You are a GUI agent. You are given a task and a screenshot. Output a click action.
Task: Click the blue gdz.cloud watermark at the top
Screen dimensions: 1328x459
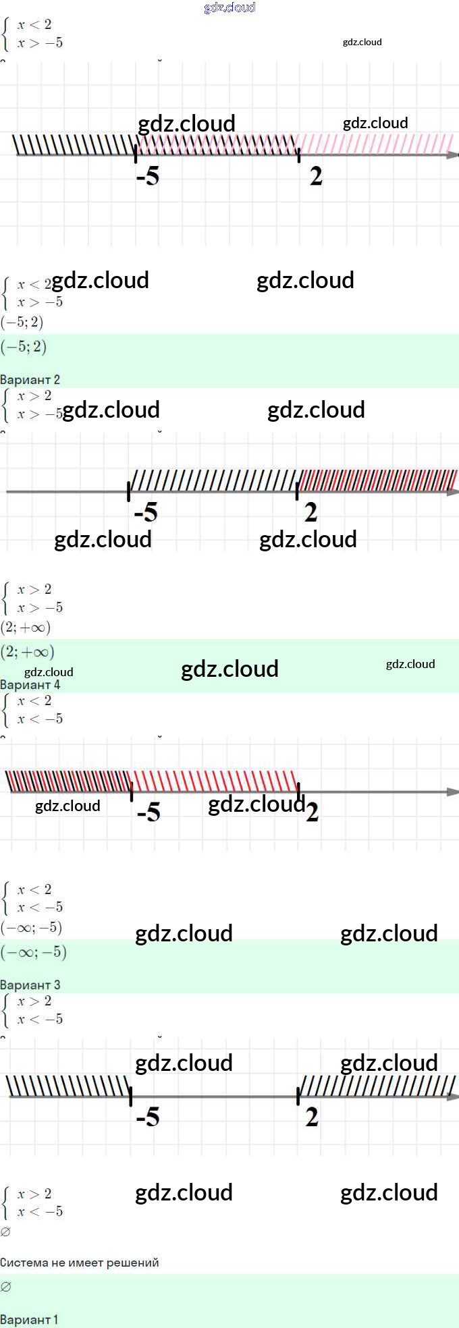230,7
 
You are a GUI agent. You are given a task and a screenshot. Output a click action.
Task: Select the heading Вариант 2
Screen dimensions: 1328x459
30,379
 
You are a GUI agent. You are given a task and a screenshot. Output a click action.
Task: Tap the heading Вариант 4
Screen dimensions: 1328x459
30,684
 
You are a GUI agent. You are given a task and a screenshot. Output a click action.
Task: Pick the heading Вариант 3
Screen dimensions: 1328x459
30,985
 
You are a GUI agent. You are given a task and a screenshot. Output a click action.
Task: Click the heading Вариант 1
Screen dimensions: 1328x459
29,1319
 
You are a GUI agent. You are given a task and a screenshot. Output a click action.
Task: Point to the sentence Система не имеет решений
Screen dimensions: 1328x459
80,1263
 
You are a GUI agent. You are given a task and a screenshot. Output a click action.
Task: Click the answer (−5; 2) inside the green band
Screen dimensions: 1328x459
24,347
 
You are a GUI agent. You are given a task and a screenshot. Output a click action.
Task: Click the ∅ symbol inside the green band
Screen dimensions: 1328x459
6,1287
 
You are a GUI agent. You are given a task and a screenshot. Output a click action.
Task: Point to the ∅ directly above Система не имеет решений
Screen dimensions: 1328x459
6,1232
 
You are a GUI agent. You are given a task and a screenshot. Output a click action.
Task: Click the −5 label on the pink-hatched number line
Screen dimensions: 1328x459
148,177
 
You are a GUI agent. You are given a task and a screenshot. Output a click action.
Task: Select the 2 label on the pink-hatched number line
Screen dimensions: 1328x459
316,177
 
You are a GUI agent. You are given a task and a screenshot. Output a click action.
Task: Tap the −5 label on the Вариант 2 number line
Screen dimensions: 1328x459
146,513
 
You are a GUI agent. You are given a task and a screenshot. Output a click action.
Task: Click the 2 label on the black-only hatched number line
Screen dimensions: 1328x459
311,1117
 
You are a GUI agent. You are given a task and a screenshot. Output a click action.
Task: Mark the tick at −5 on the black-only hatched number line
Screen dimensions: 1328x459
131,1096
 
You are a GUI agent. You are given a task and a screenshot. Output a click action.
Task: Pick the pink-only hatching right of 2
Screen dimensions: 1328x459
375,144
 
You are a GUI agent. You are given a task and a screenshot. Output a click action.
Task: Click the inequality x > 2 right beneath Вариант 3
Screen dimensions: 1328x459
34,1001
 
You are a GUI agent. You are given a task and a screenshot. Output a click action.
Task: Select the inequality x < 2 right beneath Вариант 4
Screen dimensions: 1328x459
34,701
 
